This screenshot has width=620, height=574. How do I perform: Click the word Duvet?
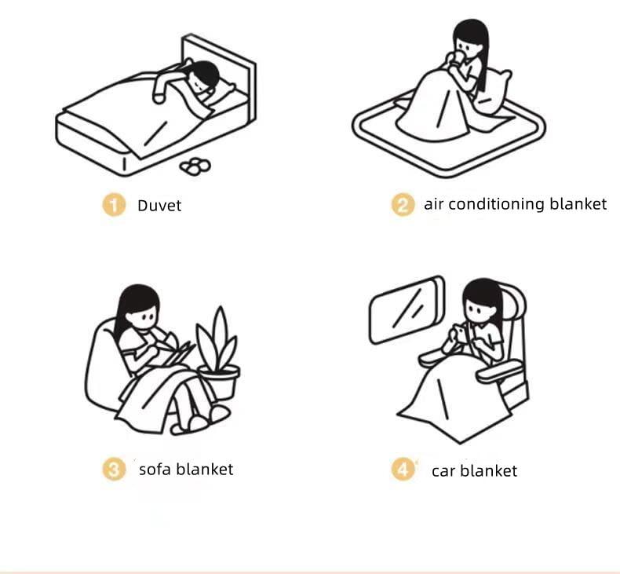point(159,206)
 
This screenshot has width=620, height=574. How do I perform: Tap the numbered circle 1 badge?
point(114,205)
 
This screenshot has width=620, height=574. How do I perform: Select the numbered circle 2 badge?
point(403,205)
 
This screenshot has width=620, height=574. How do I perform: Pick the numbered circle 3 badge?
point(114,469)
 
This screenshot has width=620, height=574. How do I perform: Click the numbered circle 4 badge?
point(403,469)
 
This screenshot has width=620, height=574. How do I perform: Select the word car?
point(444,472)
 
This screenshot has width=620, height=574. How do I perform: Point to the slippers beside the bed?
point(195,166)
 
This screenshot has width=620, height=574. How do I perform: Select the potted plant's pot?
point(219,382)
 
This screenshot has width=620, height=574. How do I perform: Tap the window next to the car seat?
point(407,309)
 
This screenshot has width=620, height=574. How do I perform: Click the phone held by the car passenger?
point(461,332)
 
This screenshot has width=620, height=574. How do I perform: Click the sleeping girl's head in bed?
point(202,77)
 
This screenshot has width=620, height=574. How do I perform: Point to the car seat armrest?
point(499,371)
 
